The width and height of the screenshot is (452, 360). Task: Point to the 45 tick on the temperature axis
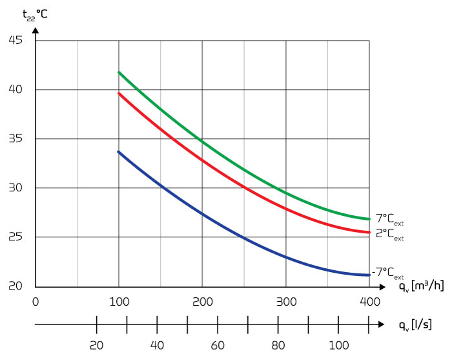click(x=15, y=41)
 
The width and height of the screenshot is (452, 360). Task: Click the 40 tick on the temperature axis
click(x=15, y=90)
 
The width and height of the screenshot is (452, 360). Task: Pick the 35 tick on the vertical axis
click(x=15, y=139)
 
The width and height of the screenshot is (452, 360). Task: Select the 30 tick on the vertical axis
click(x=15, y=188)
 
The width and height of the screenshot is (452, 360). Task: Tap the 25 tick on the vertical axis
click(x=15, y=237)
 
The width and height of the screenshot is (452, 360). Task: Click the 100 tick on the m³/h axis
click(x=119, y=301)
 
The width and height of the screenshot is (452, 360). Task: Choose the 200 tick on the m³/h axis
click(x=202, y=301)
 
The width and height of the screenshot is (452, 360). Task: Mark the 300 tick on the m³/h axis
click(x=285, y=301)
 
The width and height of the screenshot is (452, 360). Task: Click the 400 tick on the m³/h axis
click(x=369, y=301)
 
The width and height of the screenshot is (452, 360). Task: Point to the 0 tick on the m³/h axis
click(x=36, y=301)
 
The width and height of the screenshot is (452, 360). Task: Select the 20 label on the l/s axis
click(x=96, y=344)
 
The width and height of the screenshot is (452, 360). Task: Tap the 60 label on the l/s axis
click(x=217, y=344)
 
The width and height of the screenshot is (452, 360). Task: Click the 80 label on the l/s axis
click(x=278, y=344)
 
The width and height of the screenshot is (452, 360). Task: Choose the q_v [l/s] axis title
click(x=414, y=323)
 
